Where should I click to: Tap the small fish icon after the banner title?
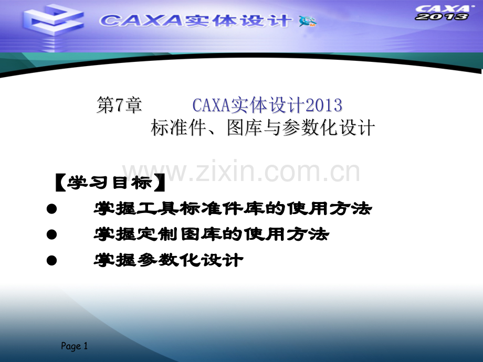coord(308,21)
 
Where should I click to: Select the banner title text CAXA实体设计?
coord(195,20)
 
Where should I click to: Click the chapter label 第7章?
coord(119,105)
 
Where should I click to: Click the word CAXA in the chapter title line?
coord(209,105)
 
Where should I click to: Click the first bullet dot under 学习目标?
coord(51,209)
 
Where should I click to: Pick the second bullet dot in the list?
coord(51,235)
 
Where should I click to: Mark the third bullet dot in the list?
coord(51,260)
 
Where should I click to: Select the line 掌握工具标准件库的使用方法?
coord(233,209)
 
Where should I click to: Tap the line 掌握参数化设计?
coord(168,260)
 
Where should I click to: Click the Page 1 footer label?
coord(75,346)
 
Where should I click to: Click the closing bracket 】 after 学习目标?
coord(160,183)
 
